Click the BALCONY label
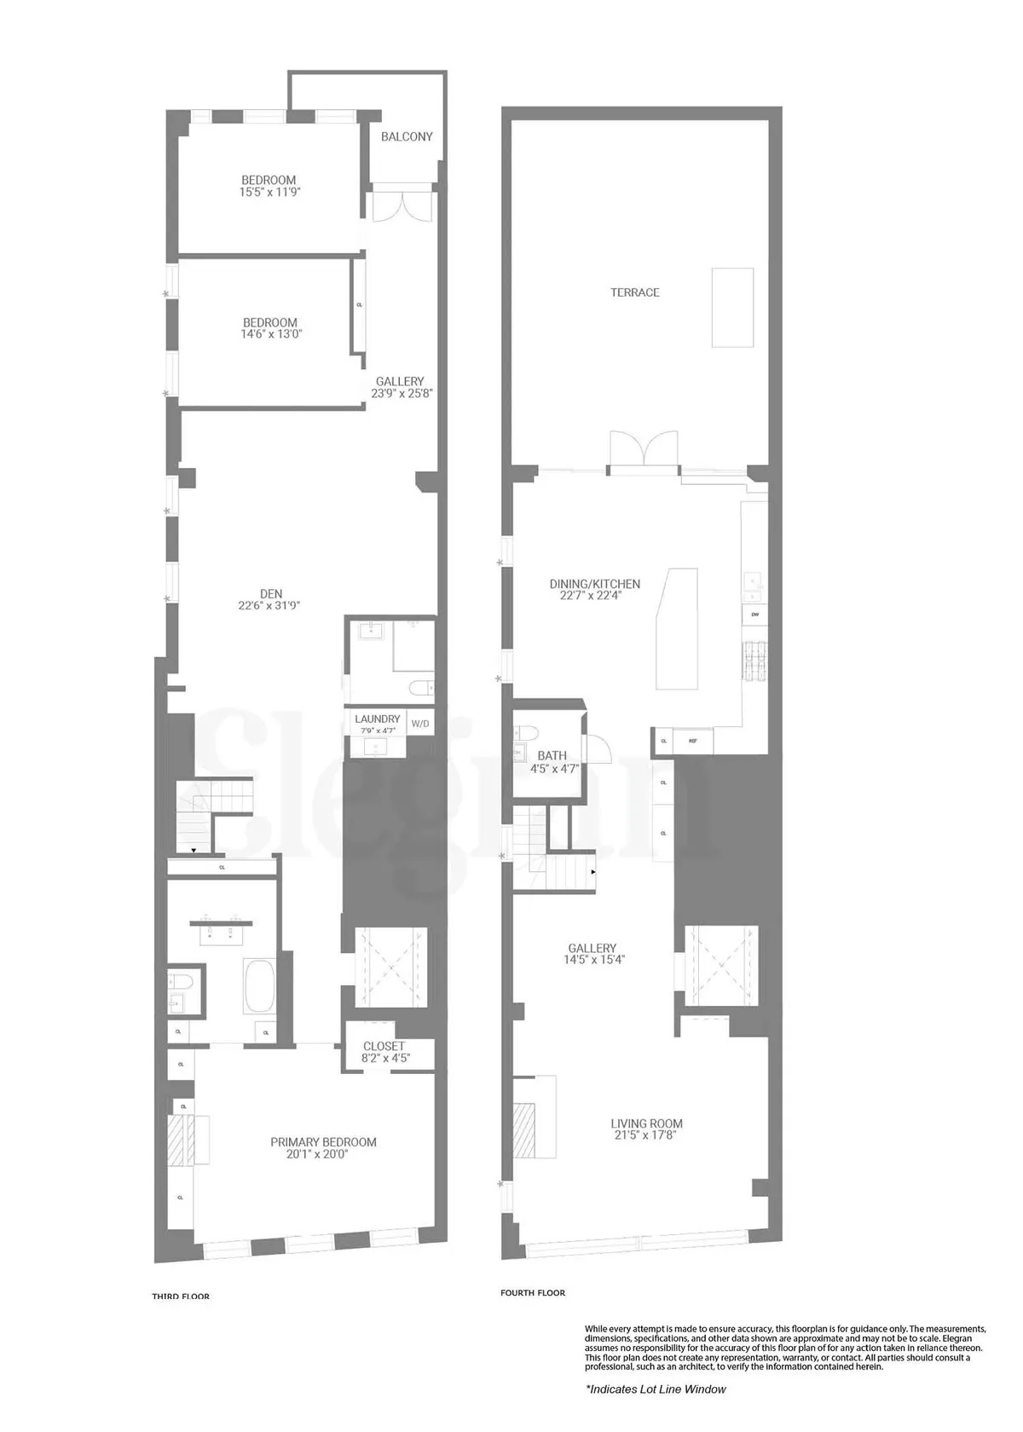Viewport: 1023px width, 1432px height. pos(407,136)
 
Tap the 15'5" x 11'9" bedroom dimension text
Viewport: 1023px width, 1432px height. pos(269,193)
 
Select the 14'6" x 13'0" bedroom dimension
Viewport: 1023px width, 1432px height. pos(271,335)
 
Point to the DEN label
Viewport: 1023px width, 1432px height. pos(271,594)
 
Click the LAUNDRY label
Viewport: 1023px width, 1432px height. pos(377,719)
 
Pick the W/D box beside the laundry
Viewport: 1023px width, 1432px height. pos(420,724)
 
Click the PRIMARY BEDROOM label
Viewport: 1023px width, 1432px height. pos(323,1142)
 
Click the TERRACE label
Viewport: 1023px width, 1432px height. pos(634,292)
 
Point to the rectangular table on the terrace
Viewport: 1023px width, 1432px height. pos(732,308)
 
